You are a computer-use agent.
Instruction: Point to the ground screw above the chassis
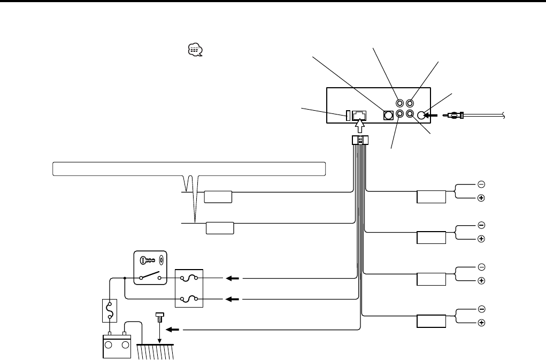[159, 319]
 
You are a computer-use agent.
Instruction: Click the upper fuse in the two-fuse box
[189, 278]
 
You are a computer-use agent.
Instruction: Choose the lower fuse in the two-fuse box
[189, 298]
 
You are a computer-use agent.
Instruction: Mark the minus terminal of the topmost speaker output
[481, 185]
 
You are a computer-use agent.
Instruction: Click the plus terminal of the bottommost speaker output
[481, 323]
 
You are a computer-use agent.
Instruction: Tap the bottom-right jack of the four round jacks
[410, 114]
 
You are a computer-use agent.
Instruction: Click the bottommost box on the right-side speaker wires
[432, 321]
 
